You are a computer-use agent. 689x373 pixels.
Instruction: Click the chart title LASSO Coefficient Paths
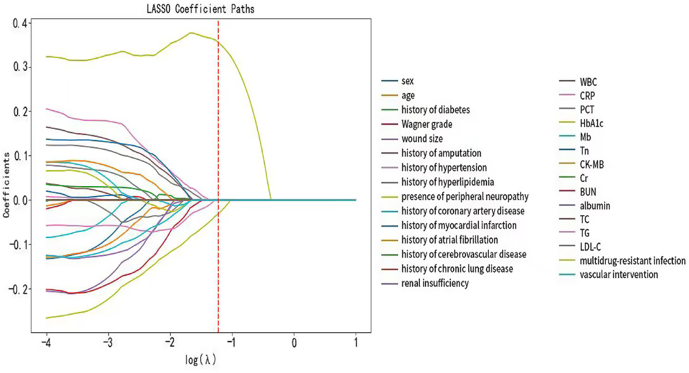(x=200, y=9)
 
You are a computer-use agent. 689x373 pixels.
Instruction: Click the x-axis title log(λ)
(x=200, y=360)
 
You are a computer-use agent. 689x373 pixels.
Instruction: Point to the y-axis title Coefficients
(x=6, y=185)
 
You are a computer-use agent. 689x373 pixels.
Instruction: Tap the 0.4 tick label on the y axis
(x=20, y=23)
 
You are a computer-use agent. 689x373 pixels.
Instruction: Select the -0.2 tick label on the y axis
(x=18, y=289)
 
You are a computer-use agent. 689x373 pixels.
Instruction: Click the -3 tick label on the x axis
(x=107, y=343)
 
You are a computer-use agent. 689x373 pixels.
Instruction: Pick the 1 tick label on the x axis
(x=356, y=343)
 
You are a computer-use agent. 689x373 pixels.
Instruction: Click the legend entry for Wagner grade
(x=426, y=124)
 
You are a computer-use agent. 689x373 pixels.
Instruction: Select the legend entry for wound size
(x=422, y=139)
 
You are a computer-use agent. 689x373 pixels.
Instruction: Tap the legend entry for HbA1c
(x=591, y=123)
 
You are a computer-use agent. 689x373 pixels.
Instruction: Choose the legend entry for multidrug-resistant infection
(x=632, y=261)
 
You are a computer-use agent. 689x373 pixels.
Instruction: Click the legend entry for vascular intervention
(x=619, y=274)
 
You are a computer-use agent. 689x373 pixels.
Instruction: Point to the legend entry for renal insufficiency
(x=435, y=283)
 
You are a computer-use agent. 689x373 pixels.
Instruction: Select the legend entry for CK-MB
(x=591, y=165)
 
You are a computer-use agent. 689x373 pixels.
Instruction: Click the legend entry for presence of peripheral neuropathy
(x=465, y=197)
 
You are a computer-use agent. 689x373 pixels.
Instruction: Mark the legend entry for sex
(x=407, y=81)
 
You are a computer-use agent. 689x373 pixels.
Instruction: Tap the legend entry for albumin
(x=595, y=206)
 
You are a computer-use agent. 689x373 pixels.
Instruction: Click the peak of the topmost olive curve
(x=190, y=33)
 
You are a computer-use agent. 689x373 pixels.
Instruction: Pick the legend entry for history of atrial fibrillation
(x=450, y=240)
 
